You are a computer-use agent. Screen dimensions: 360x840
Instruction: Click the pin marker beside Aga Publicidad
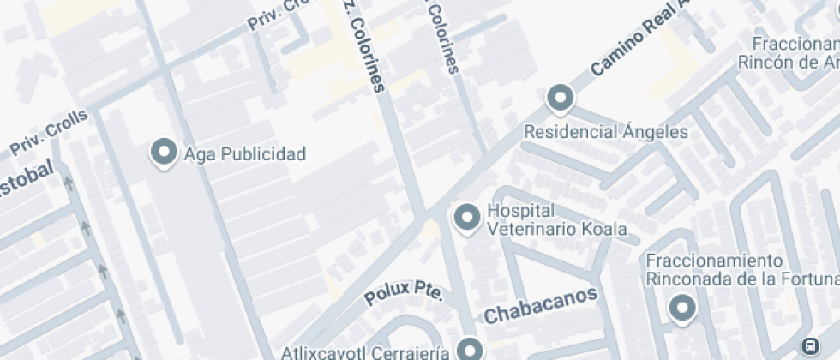pos(164,153)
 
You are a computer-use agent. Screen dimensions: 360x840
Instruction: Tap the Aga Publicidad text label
pos(245,155)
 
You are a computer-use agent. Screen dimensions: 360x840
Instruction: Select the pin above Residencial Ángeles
pos(561,99)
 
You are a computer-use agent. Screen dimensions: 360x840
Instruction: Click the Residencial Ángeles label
pos(606,132)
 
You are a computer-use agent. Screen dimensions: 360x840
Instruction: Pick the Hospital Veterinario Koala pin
pos(467,218)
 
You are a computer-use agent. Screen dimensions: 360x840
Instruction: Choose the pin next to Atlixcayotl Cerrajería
pos(469,349)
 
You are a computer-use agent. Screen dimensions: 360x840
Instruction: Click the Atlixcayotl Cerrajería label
pos(366,352)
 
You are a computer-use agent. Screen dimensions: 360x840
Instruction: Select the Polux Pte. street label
pos(403,293)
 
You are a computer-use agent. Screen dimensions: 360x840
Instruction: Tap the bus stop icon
pos(809,345)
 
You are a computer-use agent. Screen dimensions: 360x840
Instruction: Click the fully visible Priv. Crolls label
pos(49,133)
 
